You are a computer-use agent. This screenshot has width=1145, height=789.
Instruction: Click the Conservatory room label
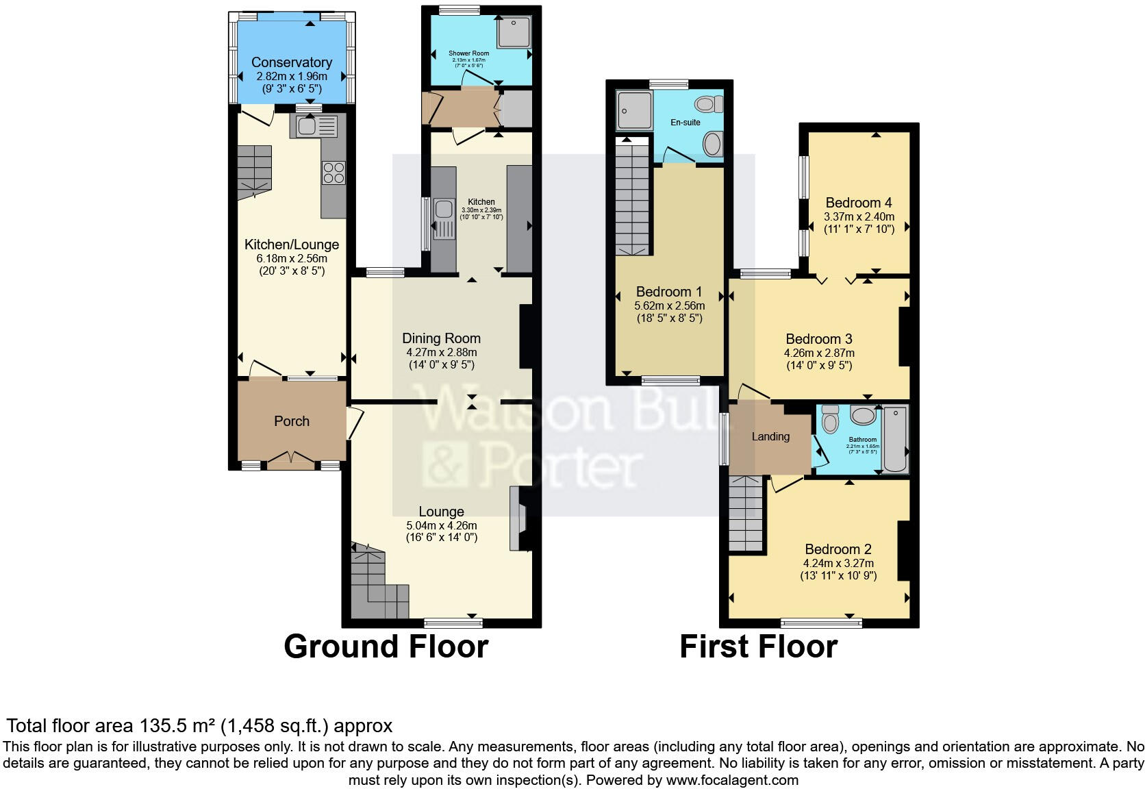pos(292,62)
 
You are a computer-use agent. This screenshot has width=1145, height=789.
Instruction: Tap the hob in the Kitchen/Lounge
pos(334,172)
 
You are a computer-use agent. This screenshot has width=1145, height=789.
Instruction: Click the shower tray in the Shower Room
pos(514,32)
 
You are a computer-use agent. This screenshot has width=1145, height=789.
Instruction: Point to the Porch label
pos(292,421)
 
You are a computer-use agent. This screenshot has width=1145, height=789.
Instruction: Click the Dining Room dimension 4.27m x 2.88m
pos(442,353)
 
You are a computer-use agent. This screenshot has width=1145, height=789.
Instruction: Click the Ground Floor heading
pos(386,647)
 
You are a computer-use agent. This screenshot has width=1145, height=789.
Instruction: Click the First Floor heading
pos(758,647)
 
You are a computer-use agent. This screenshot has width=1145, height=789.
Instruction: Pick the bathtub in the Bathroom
pos(895,439)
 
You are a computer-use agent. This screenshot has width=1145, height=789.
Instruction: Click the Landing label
pos(770,437)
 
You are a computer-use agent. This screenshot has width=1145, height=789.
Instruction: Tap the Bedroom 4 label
pos(859,203)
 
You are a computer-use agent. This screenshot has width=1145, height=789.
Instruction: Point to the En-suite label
pos(685,123)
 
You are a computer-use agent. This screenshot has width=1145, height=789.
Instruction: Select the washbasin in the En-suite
pos(712,144)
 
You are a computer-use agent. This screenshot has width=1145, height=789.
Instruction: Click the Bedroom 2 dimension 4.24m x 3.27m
pos(838,564)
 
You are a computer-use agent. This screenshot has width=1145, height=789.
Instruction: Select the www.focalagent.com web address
pos(731,780)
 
